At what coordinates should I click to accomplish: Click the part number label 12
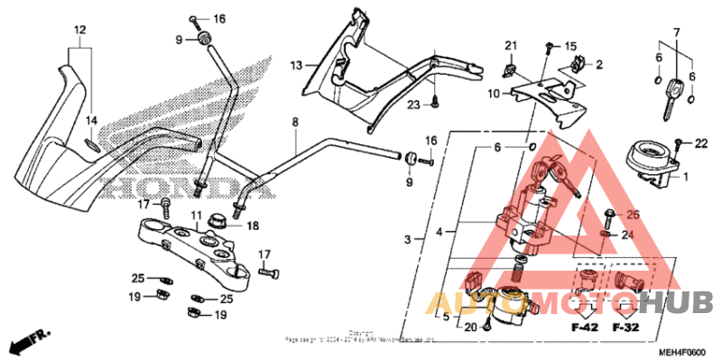[79, 30]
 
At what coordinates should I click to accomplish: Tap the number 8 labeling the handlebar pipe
[294, 120]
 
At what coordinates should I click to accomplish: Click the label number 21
[510, 46]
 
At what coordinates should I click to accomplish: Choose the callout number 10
[494, 93]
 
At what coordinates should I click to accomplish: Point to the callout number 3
[408, 239]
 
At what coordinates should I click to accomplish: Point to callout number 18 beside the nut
[252, 226]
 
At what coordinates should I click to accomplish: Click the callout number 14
[91, 120]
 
